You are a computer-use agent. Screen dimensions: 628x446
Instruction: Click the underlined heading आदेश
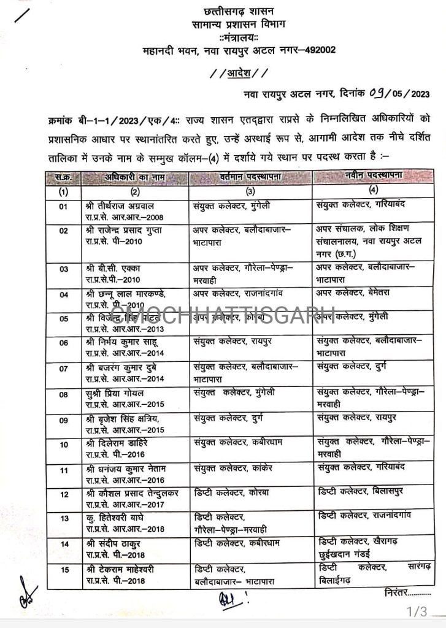237,73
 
